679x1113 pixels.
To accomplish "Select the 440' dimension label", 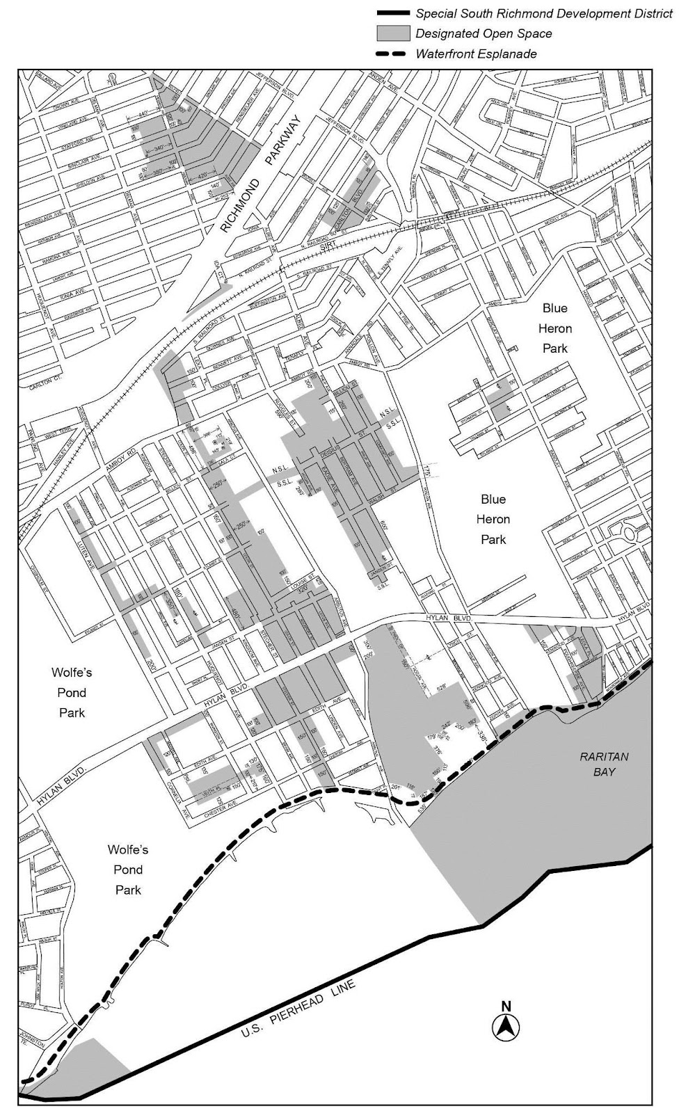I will (x=144, y=113).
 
